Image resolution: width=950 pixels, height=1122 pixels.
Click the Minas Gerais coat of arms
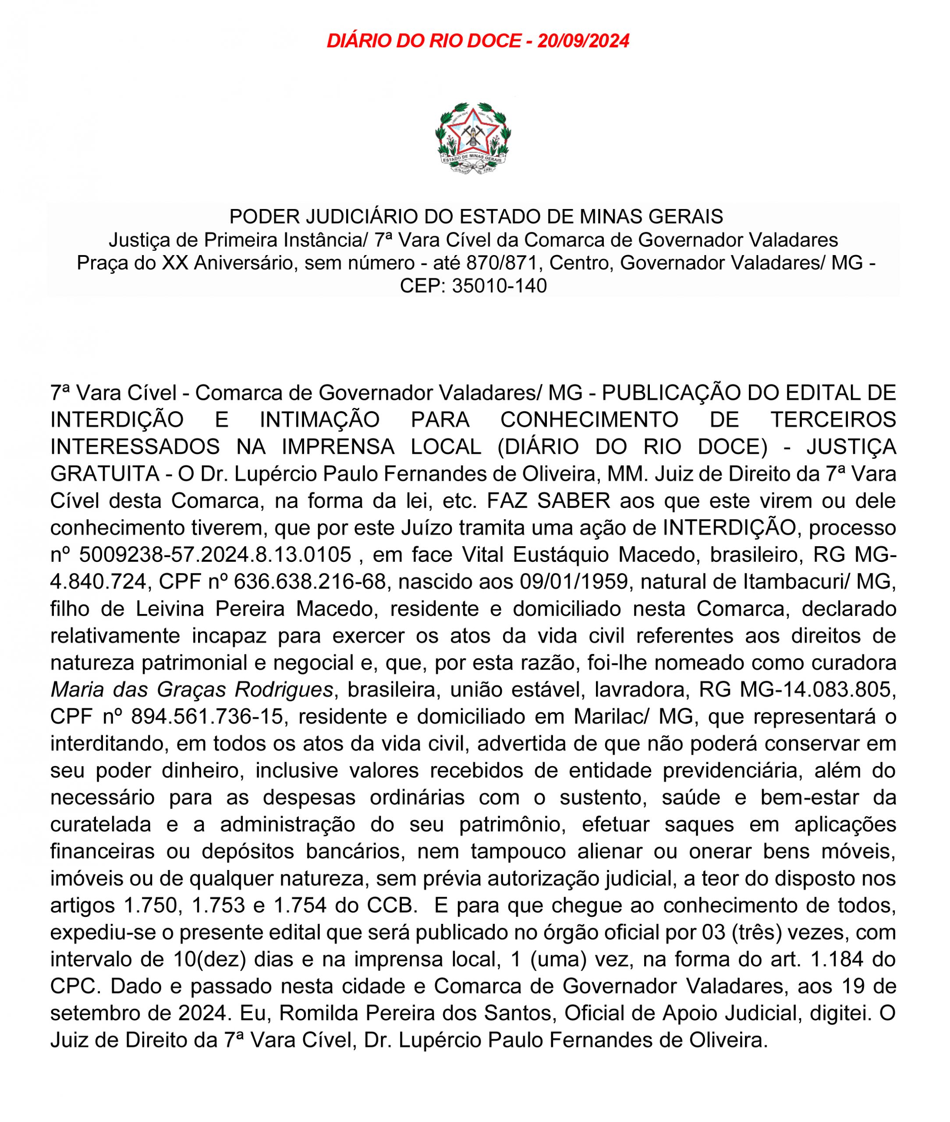tap(473, 138)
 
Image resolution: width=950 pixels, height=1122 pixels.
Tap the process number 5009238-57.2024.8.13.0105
tap(215, 554)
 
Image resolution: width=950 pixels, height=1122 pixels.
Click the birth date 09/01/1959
tap(574, 581)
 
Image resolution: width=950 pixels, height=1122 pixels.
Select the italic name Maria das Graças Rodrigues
tap(192, 689)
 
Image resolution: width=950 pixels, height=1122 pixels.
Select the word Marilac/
tap(610, 717)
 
